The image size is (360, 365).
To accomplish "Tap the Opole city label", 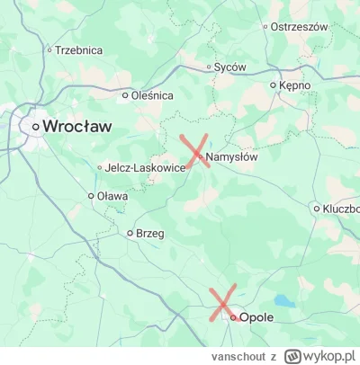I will (x=256, y=317).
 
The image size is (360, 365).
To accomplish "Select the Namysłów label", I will (x=233, y=158).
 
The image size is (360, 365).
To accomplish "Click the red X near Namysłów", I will (x=196, y=150).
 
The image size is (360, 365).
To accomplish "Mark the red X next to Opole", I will (x=222, y=302).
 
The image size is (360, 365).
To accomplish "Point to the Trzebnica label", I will (x=78, y=51).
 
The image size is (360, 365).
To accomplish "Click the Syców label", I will (x=227, y=67).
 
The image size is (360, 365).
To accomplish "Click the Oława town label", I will (x=112, y=195).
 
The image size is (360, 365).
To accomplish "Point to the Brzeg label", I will (x=150, y=233).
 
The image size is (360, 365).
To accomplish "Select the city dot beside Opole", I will (x=232, y=317).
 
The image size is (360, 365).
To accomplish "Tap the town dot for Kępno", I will (x=274, y=85).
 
